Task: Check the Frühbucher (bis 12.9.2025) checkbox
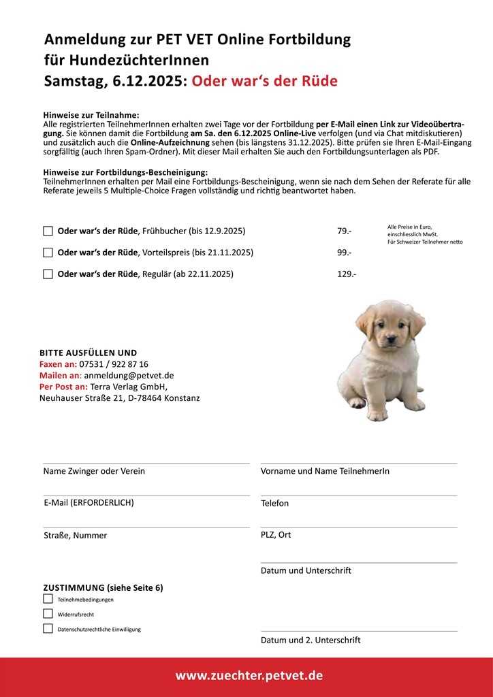[48, 231]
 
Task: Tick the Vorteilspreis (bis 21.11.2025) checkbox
[48, 253]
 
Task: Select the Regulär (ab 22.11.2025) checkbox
[48, 274]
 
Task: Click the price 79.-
[344, 231]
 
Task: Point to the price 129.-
[347, 274]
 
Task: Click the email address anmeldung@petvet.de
[129, 375]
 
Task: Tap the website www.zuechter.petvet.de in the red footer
[249, 676]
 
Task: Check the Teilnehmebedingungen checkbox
[48, 599]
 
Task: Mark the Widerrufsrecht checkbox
[48, 614]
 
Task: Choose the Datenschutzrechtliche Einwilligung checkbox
[48, 629]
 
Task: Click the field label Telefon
[274, 504]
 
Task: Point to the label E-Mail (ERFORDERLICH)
[89, 503]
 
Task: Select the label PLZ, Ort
[276, 535]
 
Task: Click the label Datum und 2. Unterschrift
[311, 640]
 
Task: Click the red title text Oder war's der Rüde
[264, 82]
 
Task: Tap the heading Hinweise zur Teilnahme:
[91, 115]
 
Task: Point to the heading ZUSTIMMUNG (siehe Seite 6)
[103, 587]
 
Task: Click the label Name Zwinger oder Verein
[94, 471]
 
